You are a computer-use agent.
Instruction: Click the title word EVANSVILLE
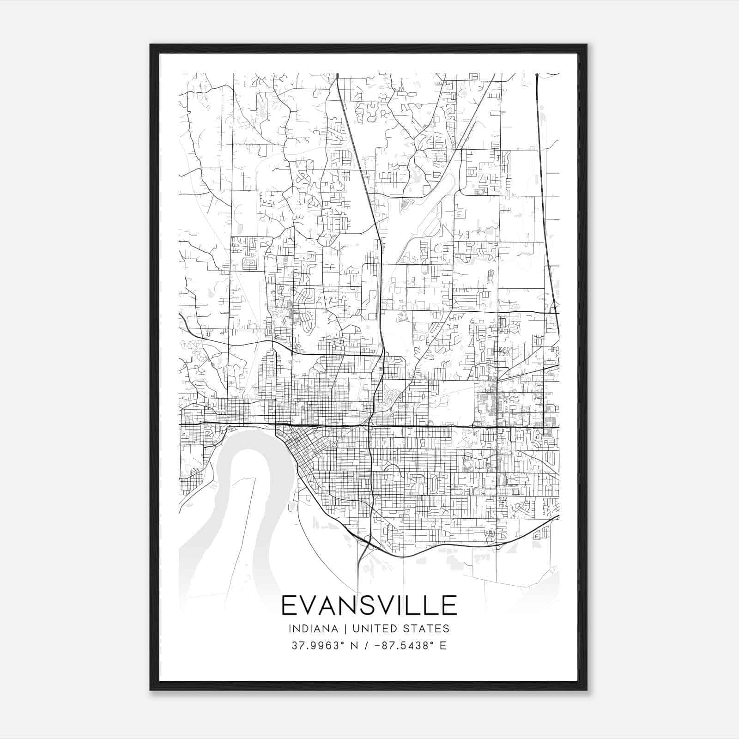tap(369, 606)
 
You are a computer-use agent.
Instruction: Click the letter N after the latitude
tap(354, 646)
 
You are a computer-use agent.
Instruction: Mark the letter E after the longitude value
tap(443, 646)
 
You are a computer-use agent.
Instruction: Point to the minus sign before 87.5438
tap(377, 646)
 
